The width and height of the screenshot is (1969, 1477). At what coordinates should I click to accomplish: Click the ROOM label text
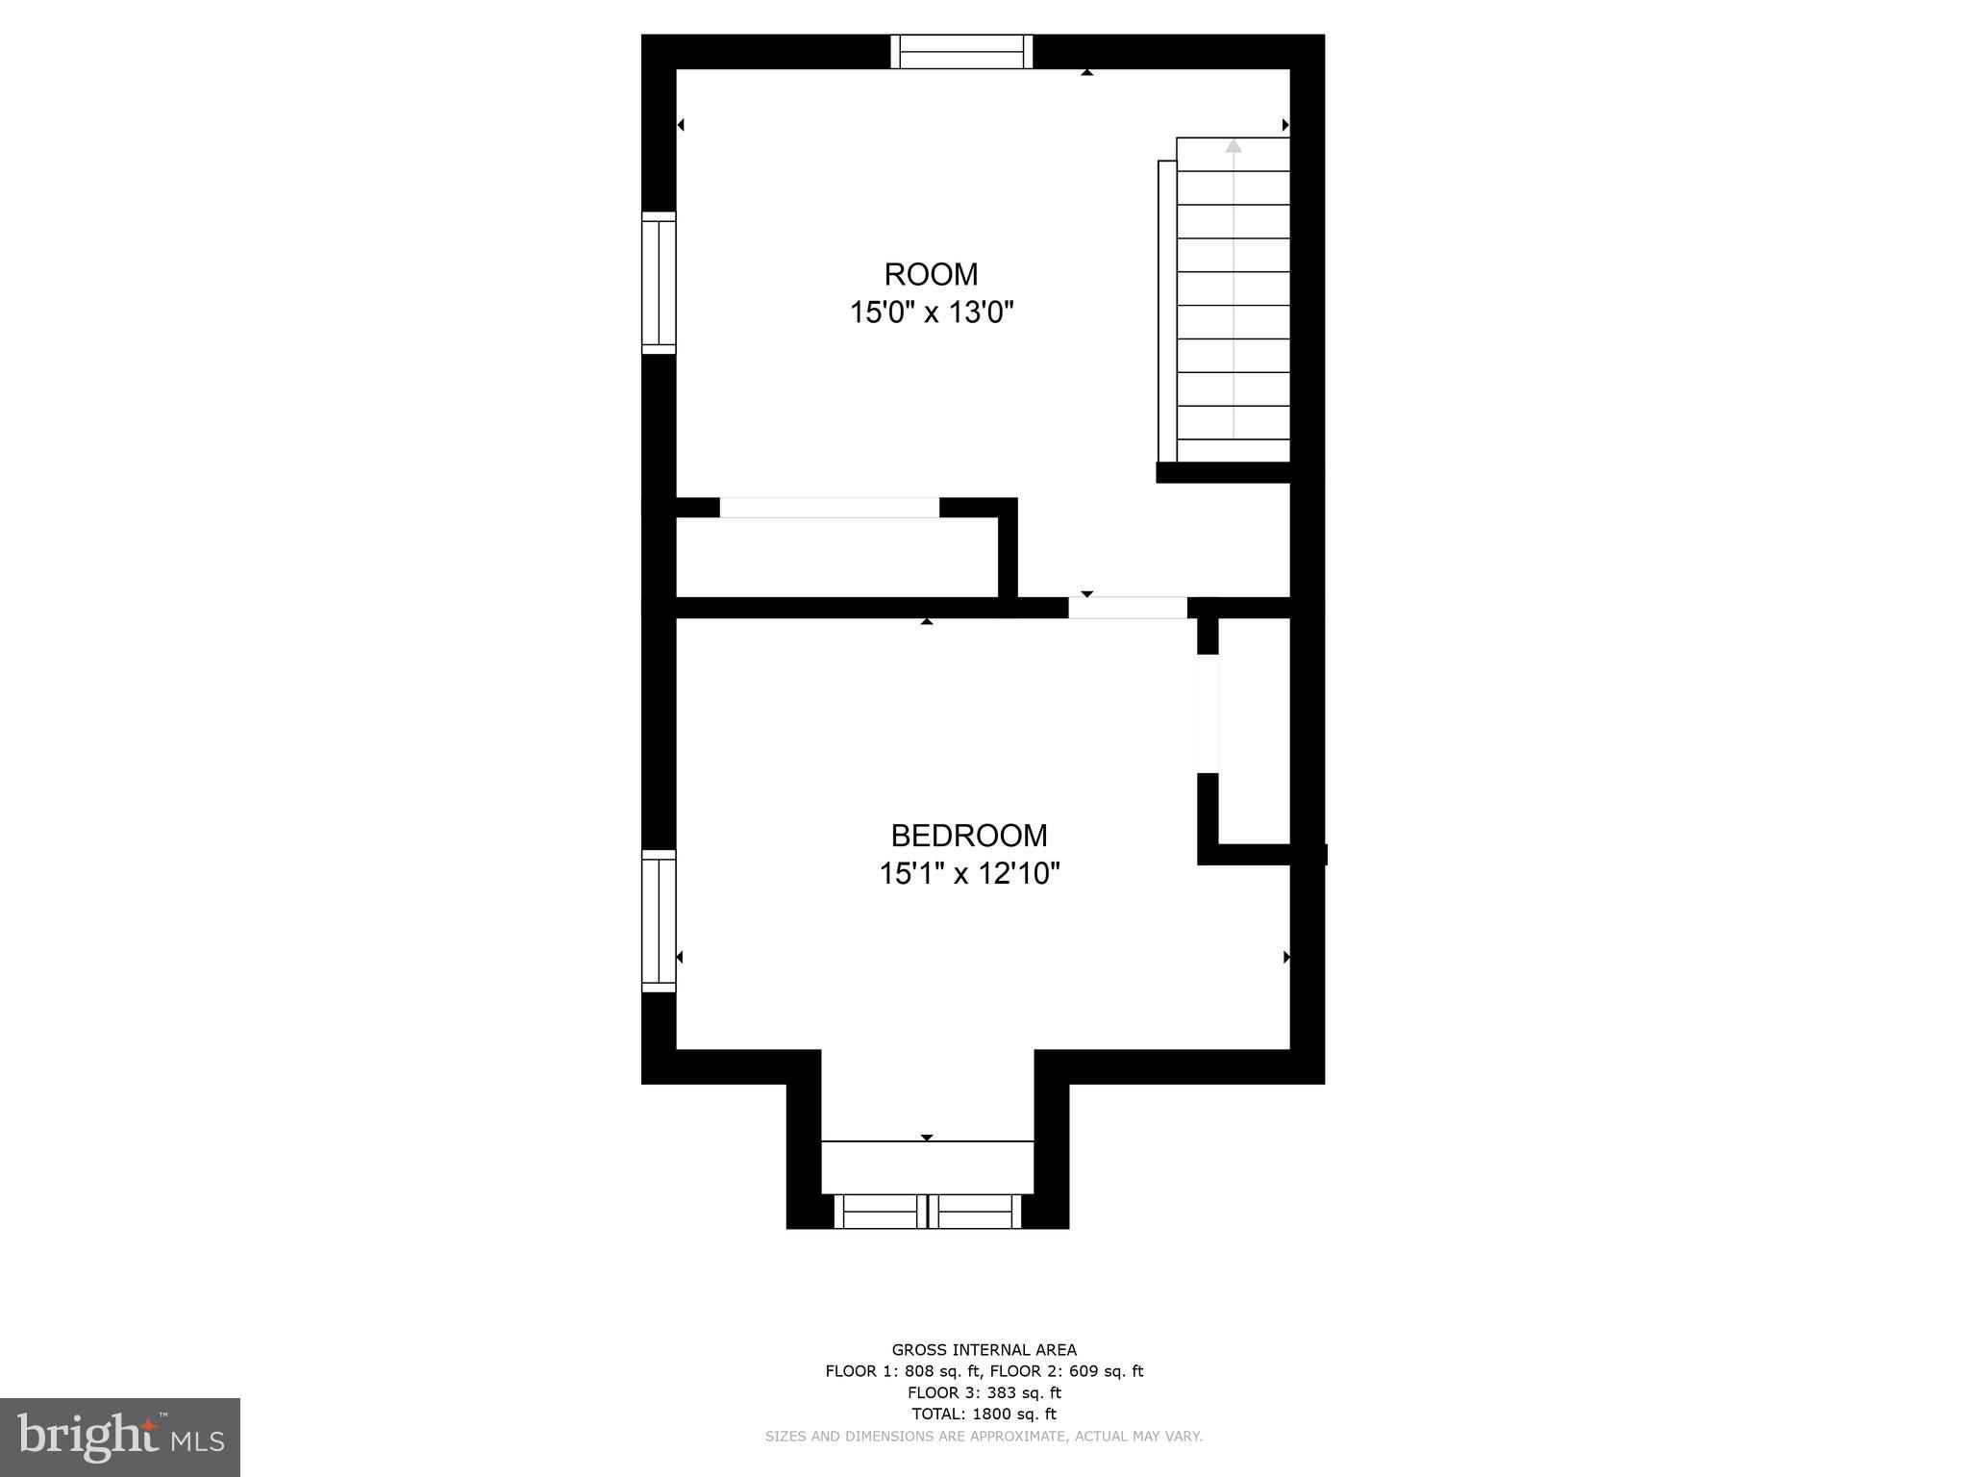point(931,275)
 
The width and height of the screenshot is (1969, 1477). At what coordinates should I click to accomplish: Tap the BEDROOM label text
point(968,836)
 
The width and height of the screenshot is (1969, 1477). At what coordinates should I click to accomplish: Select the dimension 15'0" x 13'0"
point(932,313)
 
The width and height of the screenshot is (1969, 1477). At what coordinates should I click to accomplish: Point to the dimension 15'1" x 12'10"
point(969,874)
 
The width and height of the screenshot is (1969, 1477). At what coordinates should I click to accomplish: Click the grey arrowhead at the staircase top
point(1233,146)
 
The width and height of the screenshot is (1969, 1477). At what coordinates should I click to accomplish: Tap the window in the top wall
point(960,52)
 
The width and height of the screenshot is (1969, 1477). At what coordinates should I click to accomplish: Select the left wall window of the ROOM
point(660,283)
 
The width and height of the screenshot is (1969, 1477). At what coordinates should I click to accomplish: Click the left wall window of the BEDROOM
point(660,921)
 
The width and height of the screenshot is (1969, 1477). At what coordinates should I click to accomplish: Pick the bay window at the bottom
point(927,1212)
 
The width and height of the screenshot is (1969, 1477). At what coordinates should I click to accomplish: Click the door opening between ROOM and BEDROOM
point(1128,608)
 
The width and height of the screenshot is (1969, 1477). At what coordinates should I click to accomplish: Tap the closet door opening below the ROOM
point(829,508)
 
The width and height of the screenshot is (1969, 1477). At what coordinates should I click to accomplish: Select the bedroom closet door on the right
point(1208,713)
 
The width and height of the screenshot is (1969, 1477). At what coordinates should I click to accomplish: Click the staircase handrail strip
point(1166,312)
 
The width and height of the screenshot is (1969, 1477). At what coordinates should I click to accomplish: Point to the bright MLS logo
point(120,1437)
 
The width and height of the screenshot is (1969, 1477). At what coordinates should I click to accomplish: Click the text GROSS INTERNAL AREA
point(984,1350)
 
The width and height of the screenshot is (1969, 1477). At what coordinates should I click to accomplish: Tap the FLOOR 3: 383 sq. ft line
point(984,1392)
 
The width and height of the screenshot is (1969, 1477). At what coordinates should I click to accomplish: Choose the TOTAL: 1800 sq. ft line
point(984,1414)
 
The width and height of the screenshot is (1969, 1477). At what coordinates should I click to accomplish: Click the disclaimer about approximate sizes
point(984,1437)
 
